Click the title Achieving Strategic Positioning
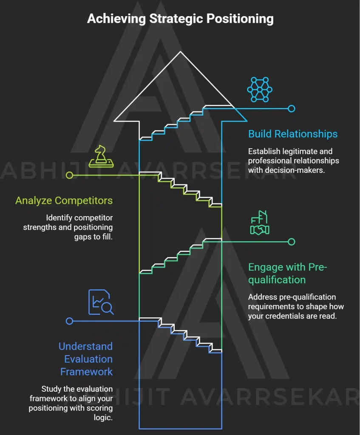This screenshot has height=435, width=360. pos(180,19)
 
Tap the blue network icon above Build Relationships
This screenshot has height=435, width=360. pos(260,90)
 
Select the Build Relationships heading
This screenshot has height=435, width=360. pos(293,134)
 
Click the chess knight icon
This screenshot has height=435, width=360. pos(101,156)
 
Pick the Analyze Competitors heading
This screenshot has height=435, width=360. pos(64,201)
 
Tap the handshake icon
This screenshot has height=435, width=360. pos(260,223)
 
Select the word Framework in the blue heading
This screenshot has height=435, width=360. pos(86,372)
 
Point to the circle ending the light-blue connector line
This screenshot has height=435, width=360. pos(291,108)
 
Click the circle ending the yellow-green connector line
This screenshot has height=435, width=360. pos(69,175)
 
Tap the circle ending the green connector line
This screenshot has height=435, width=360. pos(291,242)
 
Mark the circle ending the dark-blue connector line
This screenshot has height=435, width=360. pos(69,321)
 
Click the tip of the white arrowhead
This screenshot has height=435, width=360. pos(180,51)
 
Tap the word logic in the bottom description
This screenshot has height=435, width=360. pos(103,418)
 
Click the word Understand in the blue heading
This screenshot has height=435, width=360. pos(85,346)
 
